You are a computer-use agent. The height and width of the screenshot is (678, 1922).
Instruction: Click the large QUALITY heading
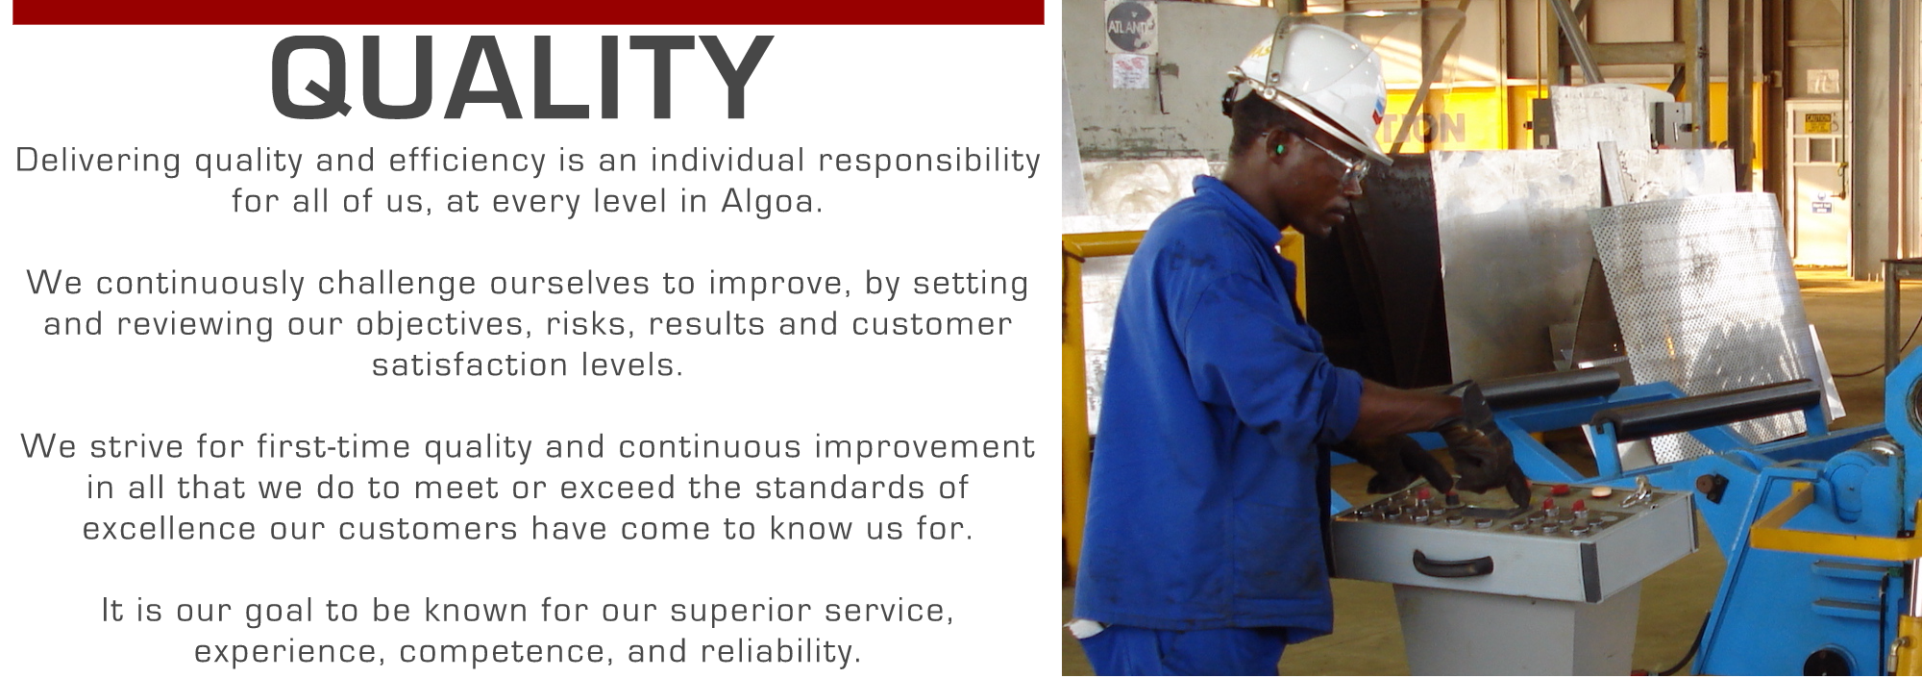(522, 78)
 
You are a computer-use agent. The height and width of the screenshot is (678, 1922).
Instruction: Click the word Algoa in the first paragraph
(771, 201)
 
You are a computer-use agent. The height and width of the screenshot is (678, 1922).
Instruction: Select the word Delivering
(98, 161)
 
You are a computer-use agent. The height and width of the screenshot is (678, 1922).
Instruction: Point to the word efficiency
(467, 161)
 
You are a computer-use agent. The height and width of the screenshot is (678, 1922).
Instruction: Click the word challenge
(396, 284)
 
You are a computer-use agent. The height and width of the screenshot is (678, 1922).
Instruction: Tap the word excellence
(169, 528)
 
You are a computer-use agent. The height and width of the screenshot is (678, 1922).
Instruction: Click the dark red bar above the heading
(528, 12)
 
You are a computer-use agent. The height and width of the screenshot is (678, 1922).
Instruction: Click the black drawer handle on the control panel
(1452, 563)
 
